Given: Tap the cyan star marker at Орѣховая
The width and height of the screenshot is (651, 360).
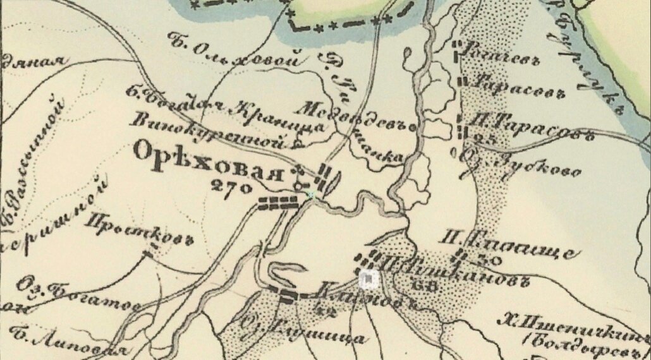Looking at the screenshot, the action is [310, 195].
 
